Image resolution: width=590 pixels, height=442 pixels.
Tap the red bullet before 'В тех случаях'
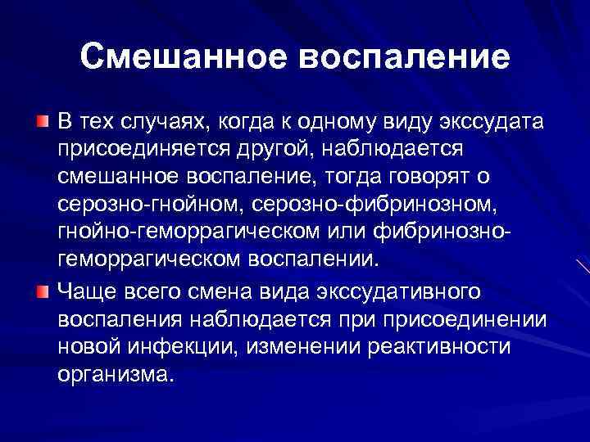coord(43,122)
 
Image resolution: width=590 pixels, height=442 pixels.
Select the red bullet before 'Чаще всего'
coord(43,291)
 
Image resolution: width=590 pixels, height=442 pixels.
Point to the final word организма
coord(116,375)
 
